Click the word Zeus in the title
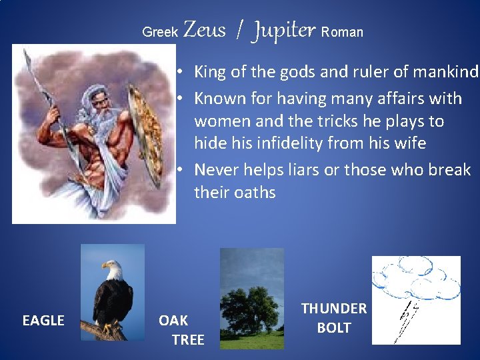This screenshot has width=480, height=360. tap(204, 30)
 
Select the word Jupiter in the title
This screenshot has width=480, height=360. tap(283, 31)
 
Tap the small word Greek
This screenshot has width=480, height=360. tap(160, 32)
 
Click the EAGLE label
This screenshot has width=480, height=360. tap(43, 321)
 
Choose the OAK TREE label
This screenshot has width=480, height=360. tap(180, 330)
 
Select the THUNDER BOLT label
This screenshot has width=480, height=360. tap(334, 318)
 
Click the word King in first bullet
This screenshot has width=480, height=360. tap(210, 71)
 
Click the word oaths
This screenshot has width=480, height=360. tap(254, 192)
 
